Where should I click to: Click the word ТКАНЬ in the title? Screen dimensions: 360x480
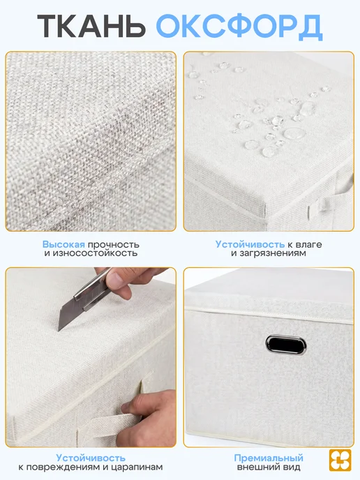click(x=91, y=26)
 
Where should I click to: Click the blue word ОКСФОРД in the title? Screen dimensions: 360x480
click(x=239, y=27)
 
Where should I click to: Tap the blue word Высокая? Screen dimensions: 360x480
click(x=63, y=245)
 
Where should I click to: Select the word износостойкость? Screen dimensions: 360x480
click(x=91, y=253)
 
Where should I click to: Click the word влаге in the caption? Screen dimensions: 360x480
click(x=308, y=245)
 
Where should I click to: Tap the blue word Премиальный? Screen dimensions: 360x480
click(x=269, y=458)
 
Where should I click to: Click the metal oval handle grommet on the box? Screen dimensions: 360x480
click(x=286, y=345)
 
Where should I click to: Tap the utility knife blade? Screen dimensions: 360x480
click(x=68, y=314)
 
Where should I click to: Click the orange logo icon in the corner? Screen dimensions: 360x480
click(x=340, y=460)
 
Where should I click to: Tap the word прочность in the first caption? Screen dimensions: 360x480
click(x=113, y=245)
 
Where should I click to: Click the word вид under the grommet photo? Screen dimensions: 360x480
click(x=292, y=467)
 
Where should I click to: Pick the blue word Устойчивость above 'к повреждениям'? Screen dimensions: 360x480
click(x=91, y=458)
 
